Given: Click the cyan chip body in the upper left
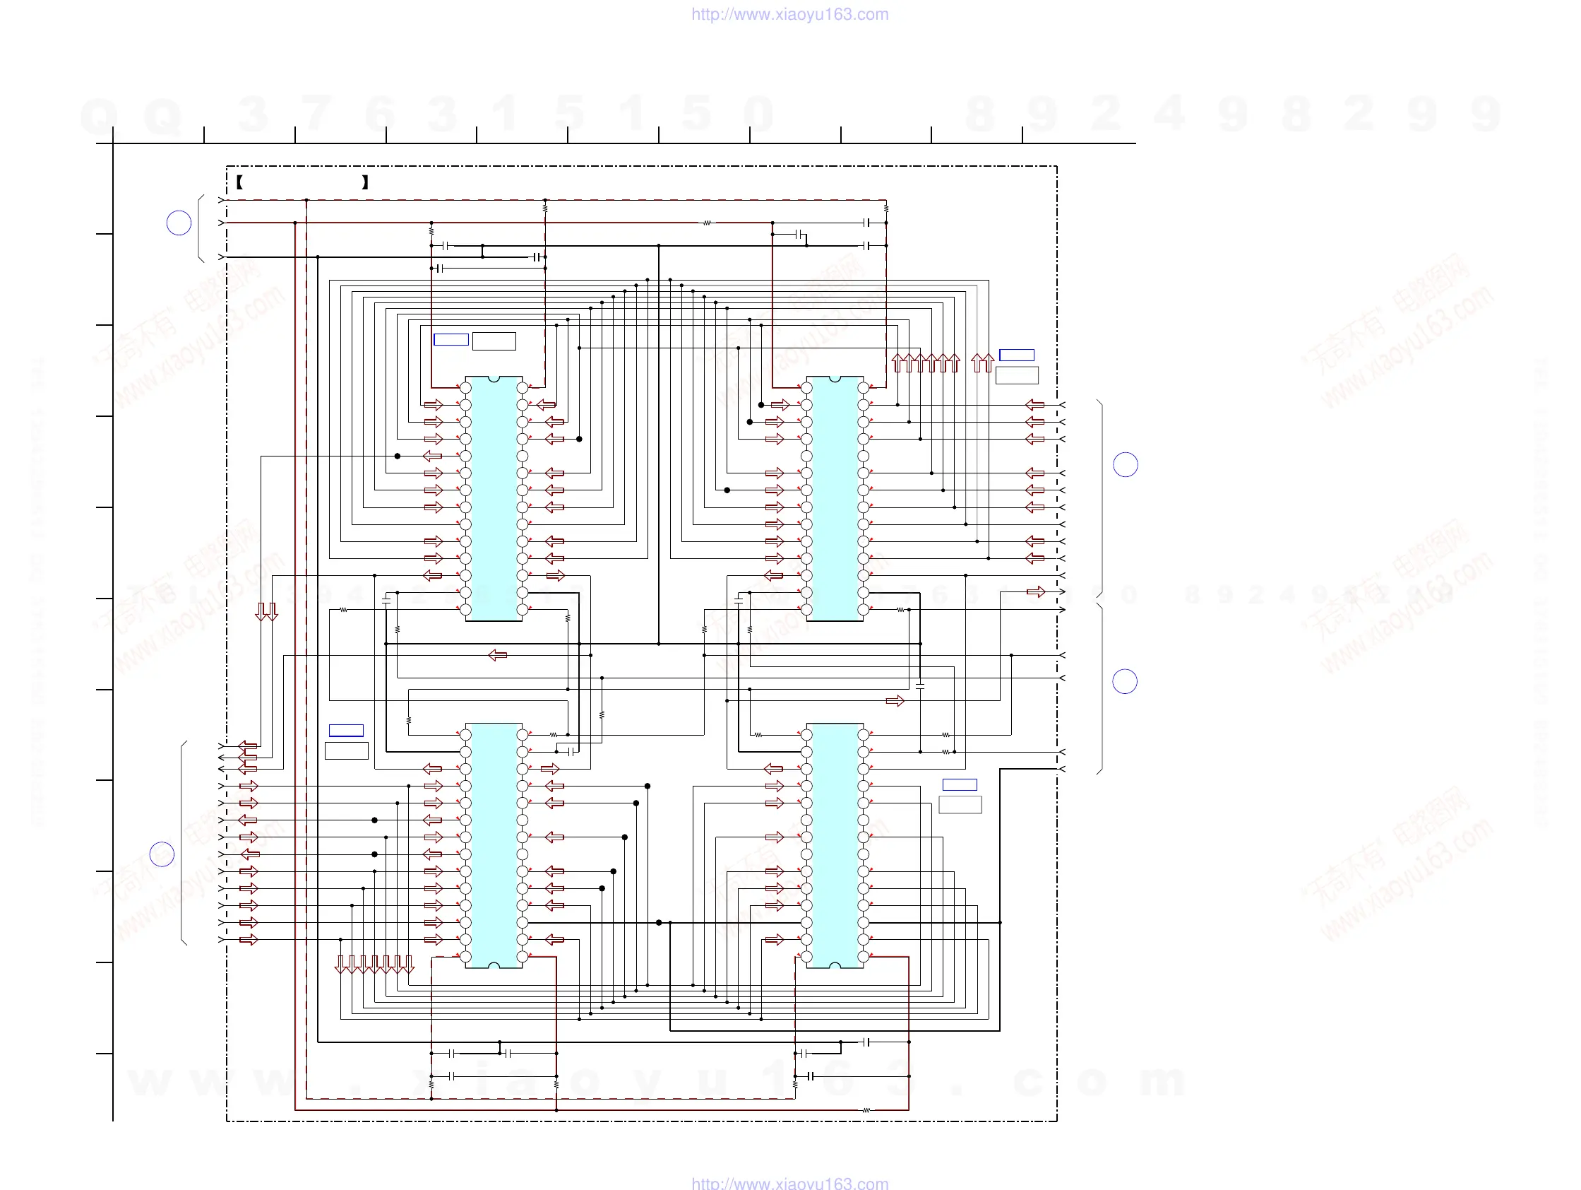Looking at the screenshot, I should [x=493, y=498].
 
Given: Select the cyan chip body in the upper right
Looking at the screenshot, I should [x=834, y=498].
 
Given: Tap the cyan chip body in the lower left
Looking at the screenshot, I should [x=493, y=845].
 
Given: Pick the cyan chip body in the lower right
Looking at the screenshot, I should [x=834, y=845].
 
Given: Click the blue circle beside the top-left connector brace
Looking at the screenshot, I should [x=179, y=223].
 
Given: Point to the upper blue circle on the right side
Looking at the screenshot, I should [x=1125, y=465].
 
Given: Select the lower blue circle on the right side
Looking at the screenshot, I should [x=1124, y=681].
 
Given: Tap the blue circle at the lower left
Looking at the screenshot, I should [x=162, y=854].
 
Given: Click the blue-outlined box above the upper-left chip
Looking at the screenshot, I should [x=451, y=340].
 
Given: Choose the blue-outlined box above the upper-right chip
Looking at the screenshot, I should [x=1016, y=355].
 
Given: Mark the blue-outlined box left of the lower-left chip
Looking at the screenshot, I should [x=346, y=730].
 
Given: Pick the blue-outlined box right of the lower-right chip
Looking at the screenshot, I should [x=959, y=784].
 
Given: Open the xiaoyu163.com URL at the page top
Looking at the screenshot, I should [x=789, y=14].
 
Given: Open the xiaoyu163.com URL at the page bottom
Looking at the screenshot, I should [x=789, y=1183].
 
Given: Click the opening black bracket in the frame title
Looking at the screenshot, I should [x=240, y=182].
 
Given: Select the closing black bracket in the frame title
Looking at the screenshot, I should [x=365, y=182].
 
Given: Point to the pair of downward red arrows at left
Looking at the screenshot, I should [x=267, y=611].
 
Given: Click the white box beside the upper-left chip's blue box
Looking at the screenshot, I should [x=494, y=341].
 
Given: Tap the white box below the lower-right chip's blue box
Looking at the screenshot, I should [x=960, y=805].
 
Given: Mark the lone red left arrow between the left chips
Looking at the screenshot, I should [x=497, y=655].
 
